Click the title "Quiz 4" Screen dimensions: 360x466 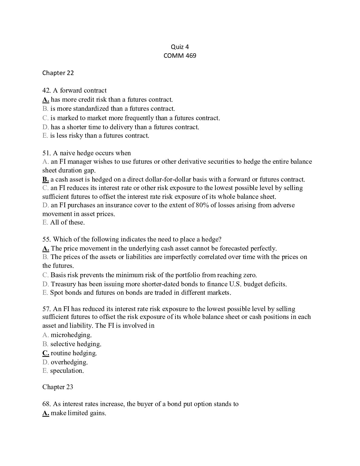pyautogui.click(x=180, y=47)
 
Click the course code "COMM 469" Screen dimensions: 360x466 pyautogui.click(x=180, y=56)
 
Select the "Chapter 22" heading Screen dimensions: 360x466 pyautogui.click(x=58, y=73)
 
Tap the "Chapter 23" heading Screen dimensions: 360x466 pyautogui.click(x=57, y=387)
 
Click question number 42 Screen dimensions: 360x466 pyautogui.click(x=47, y=90)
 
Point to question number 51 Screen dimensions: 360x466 pyautogui.click(x=47, y=153)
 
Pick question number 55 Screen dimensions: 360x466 pyautogui.click(x=47, y=239)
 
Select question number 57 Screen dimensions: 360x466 pyautogui.click(x=47, y=309)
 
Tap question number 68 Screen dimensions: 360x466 pyautogui.click(x=47, y=404)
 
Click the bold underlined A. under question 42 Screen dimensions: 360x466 pyautogui.click(x=46, y=100)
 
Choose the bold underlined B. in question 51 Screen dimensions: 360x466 pyautogui.click(x=45, y=179)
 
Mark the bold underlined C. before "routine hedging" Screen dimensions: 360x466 pyautogui.click(x=46, y=353)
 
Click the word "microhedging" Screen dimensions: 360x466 pyautogui.click(x=71, y=335)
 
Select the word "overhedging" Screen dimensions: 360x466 pyautogui.click(x=69, y=362)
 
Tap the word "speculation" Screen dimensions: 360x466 pyautogui.click(x=67, y=371)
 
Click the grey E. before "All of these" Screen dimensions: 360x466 pyautogui.click(x=45, y=222)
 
